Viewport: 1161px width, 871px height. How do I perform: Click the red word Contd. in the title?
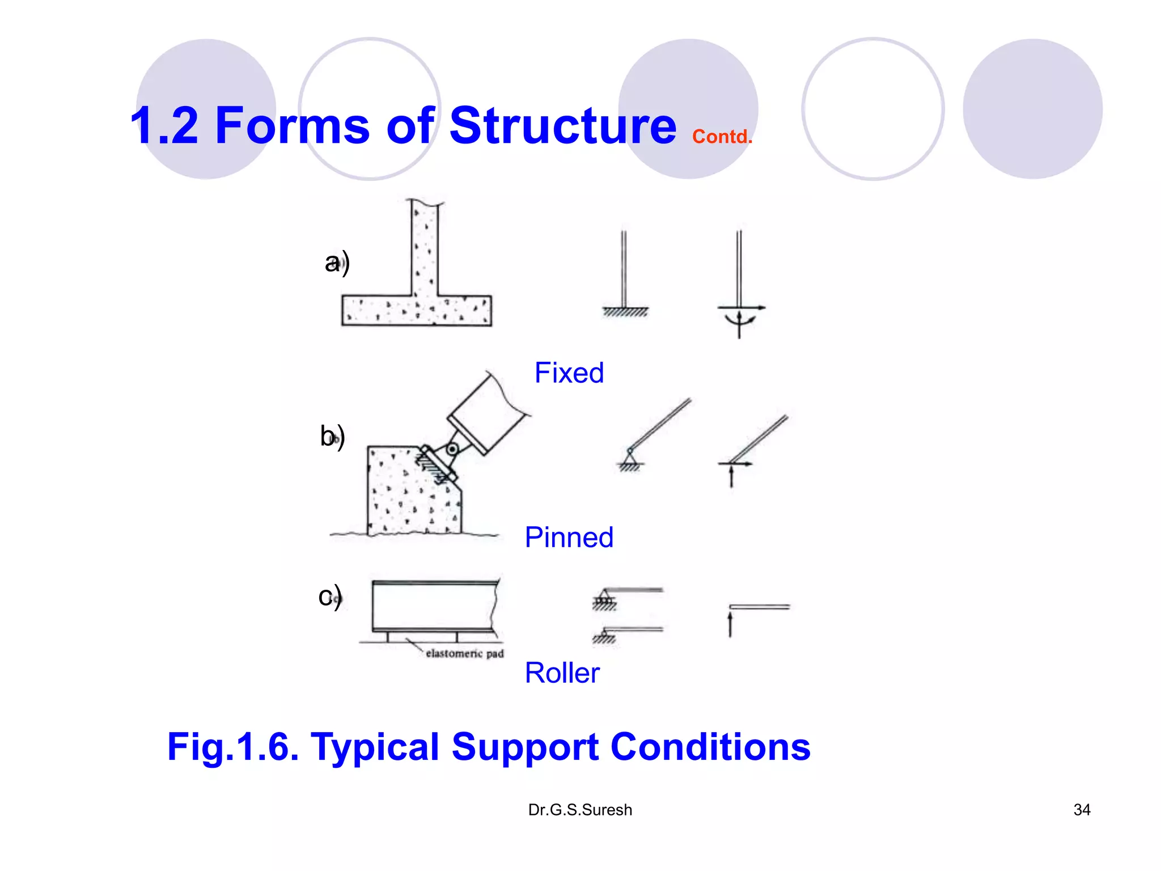722,137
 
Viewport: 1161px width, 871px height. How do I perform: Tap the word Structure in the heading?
562,126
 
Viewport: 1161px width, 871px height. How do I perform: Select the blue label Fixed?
569,373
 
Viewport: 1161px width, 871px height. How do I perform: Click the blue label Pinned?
569,538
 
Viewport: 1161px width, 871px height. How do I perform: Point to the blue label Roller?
562,673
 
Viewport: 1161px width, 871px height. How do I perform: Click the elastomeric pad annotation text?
464,654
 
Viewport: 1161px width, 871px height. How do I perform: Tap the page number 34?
1082,810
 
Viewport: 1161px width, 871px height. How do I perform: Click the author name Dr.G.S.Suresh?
580,810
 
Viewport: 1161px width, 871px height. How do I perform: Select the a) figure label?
337,263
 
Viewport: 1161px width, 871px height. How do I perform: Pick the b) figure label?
332,437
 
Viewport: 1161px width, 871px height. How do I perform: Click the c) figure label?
330,597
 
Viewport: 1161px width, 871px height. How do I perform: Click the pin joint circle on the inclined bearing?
452,450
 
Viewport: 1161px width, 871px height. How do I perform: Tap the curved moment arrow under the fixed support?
740,322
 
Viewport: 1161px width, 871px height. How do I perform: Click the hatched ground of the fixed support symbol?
625,312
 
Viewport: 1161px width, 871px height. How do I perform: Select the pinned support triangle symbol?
629,456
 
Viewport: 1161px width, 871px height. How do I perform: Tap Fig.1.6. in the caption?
233,747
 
